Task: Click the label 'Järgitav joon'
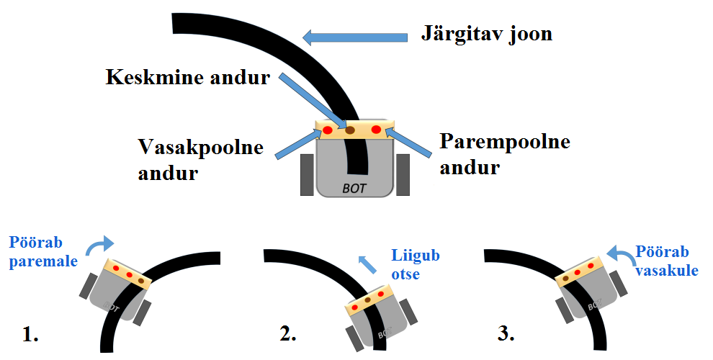tap(486, 34)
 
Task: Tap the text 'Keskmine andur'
tap(187, 77)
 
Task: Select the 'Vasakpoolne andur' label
tap(200, 160)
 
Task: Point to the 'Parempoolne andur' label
tap(504, 153)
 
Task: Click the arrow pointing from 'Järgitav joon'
tap(353, 36)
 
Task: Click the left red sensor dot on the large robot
tap(328, 130)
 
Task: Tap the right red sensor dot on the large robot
tap(376, 130)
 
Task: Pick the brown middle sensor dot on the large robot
tap(350, 131)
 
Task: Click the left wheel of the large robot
tap(307, 174)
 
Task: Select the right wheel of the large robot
tap(403, 174)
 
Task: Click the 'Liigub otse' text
tap(416, 264)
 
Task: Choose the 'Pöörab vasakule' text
tap(665, 260)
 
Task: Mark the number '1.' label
tap(30, 335)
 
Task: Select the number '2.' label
tap(288, 334)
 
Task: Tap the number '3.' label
tap(506, 333)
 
